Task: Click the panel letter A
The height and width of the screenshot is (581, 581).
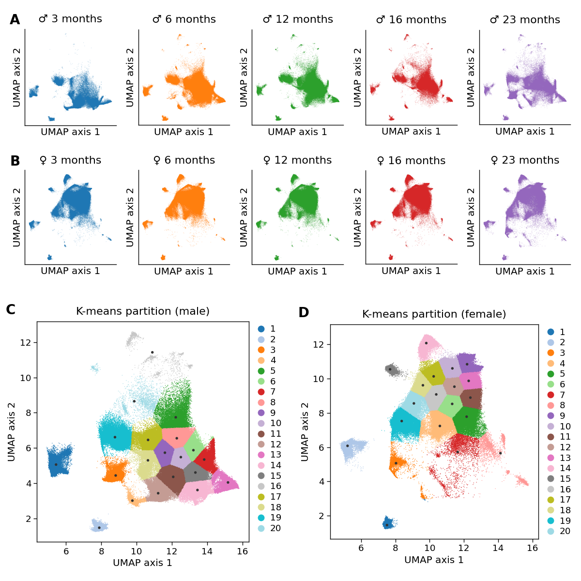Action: coord(15,20)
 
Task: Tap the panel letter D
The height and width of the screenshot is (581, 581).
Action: coord(304,313)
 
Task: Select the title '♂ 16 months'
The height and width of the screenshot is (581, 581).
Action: coord(411,20)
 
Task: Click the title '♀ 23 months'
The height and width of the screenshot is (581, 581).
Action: coord(525,160)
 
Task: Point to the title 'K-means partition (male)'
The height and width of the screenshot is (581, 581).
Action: coord(143,311)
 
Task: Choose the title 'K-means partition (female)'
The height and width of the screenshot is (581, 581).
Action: coord(434,314)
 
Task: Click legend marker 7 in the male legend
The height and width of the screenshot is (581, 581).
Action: coord(261,392)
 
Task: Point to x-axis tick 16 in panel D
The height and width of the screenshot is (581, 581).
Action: coord(532,548)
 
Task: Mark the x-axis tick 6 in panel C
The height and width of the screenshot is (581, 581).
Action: coord(66,551)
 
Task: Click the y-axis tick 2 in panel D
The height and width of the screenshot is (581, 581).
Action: coord(321,516)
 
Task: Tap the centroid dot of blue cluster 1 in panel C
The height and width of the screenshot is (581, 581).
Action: coord(56,464)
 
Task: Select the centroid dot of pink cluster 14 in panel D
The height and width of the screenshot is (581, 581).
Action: coord(426,343)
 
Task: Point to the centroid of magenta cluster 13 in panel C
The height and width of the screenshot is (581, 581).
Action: coord(228,482)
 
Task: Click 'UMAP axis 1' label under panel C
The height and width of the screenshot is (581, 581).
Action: coord(142,563)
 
